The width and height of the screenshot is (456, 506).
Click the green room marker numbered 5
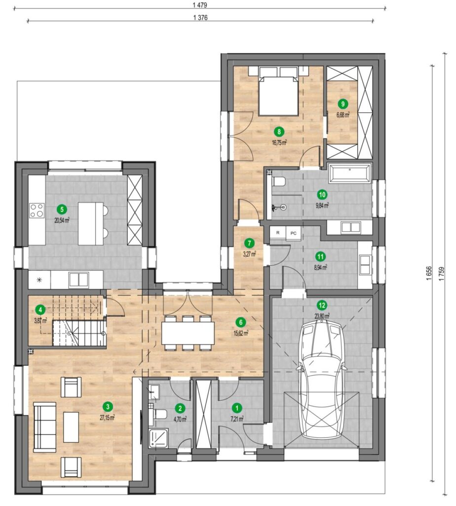coord(62,210)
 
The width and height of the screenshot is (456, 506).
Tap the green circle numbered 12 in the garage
coord(322,305)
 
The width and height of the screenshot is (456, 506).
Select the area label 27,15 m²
coord(107,418)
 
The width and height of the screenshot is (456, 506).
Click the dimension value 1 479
coord(200,5)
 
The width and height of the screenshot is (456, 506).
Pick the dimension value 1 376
coord(200,18)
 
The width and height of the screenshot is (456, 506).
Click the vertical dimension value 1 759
coord(442,273)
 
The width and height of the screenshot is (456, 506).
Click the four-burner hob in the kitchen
coord(37,211)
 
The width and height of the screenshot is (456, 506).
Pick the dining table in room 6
coord(188,333)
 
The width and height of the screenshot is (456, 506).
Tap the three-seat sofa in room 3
coord(45,425)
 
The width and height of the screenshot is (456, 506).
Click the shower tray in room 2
coord(158,438)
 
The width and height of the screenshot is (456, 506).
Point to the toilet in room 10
coord(278,182)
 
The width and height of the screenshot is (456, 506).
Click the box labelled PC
coord(293,233)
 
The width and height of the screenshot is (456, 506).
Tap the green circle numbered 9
coord(343,104)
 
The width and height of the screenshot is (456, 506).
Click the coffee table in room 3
coord(71,427)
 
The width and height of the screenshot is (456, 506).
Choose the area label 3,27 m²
coord(249,254)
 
